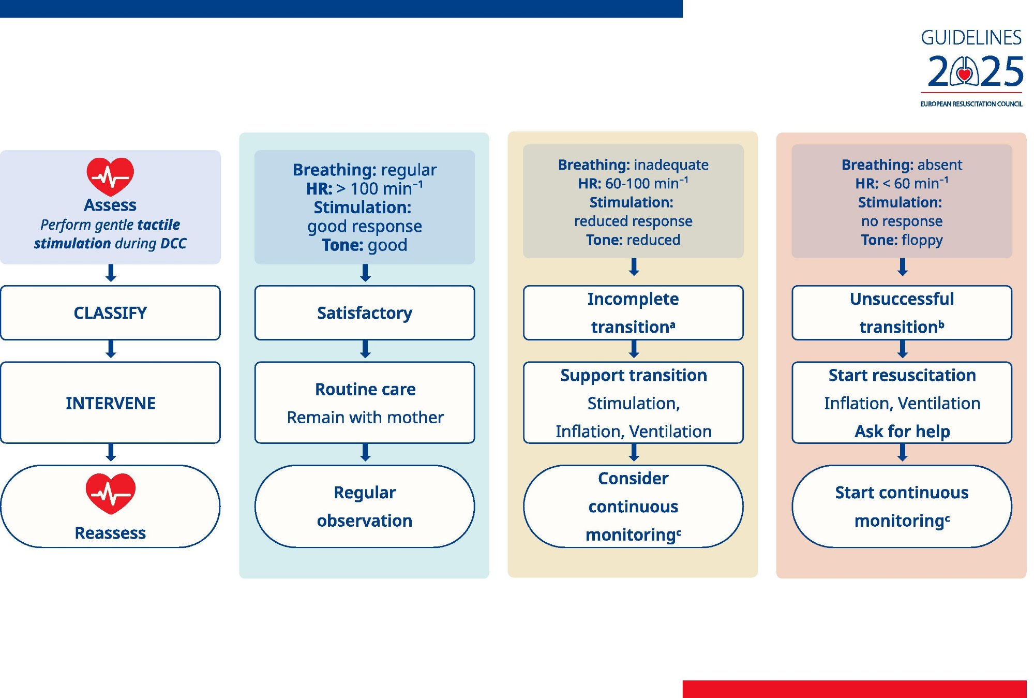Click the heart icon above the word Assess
point(110,176)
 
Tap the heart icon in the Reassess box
point(110,493)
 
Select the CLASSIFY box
point(110,313)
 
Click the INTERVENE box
point(110,403)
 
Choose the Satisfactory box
point(365,313)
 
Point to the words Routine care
point(365,389)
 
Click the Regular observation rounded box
point(365,506)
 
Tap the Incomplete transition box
point(633,313)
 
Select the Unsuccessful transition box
point(902,313)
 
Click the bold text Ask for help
point(902,431)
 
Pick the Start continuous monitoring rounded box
point(902,506)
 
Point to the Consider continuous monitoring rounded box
point(633,506)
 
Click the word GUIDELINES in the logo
point(971,38)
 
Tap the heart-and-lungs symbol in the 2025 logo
point(964,71)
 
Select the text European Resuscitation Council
point(971,104)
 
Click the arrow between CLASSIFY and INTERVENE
point(110,349)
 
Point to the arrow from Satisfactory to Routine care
point(365,349)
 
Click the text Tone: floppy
point(902,240)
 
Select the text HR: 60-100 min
point(633,183)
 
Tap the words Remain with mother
point(365,417)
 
